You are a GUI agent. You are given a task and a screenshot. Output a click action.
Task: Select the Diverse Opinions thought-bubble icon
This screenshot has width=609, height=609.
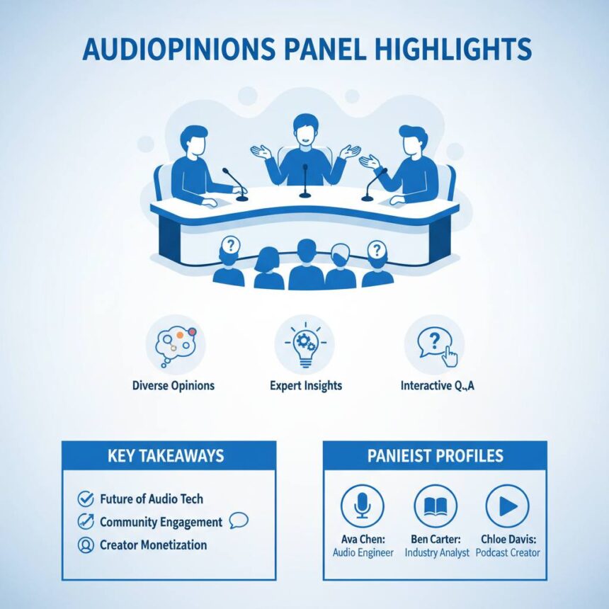[175, 343]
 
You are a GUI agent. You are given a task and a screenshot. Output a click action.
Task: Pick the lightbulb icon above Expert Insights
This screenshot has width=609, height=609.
[305, 343]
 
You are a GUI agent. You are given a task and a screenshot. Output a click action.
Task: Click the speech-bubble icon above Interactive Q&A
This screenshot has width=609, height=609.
[434, 344]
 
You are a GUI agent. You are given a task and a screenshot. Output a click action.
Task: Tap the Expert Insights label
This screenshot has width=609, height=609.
[305, 386]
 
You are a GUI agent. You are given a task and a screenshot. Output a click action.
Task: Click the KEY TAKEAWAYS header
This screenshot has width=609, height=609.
[168, 456]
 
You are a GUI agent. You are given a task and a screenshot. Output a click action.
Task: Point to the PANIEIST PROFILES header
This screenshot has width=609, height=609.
[434, 456]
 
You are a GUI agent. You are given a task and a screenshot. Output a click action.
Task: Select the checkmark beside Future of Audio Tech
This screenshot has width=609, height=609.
[85, 499]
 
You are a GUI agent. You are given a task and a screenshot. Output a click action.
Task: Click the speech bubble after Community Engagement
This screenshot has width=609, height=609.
[239, 521]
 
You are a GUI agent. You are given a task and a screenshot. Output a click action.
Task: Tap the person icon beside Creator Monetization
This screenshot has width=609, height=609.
[85, 545]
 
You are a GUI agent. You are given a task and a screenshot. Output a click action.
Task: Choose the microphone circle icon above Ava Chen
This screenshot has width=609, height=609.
[362, 506]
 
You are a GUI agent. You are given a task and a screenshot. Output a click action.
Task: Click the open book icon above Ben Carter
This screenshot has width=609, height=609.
[435, 506]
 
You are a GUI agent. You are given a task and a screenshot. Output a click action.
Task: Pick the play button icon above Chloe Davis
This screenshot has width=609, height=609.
[507, 506]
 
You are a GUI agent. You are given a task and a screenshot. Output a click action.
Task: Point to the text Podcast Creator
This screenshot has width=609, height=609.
[507, 552]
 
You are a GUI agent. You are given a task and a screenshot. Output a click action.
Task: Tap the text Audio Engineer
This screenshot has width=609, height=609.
[363, 552]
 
